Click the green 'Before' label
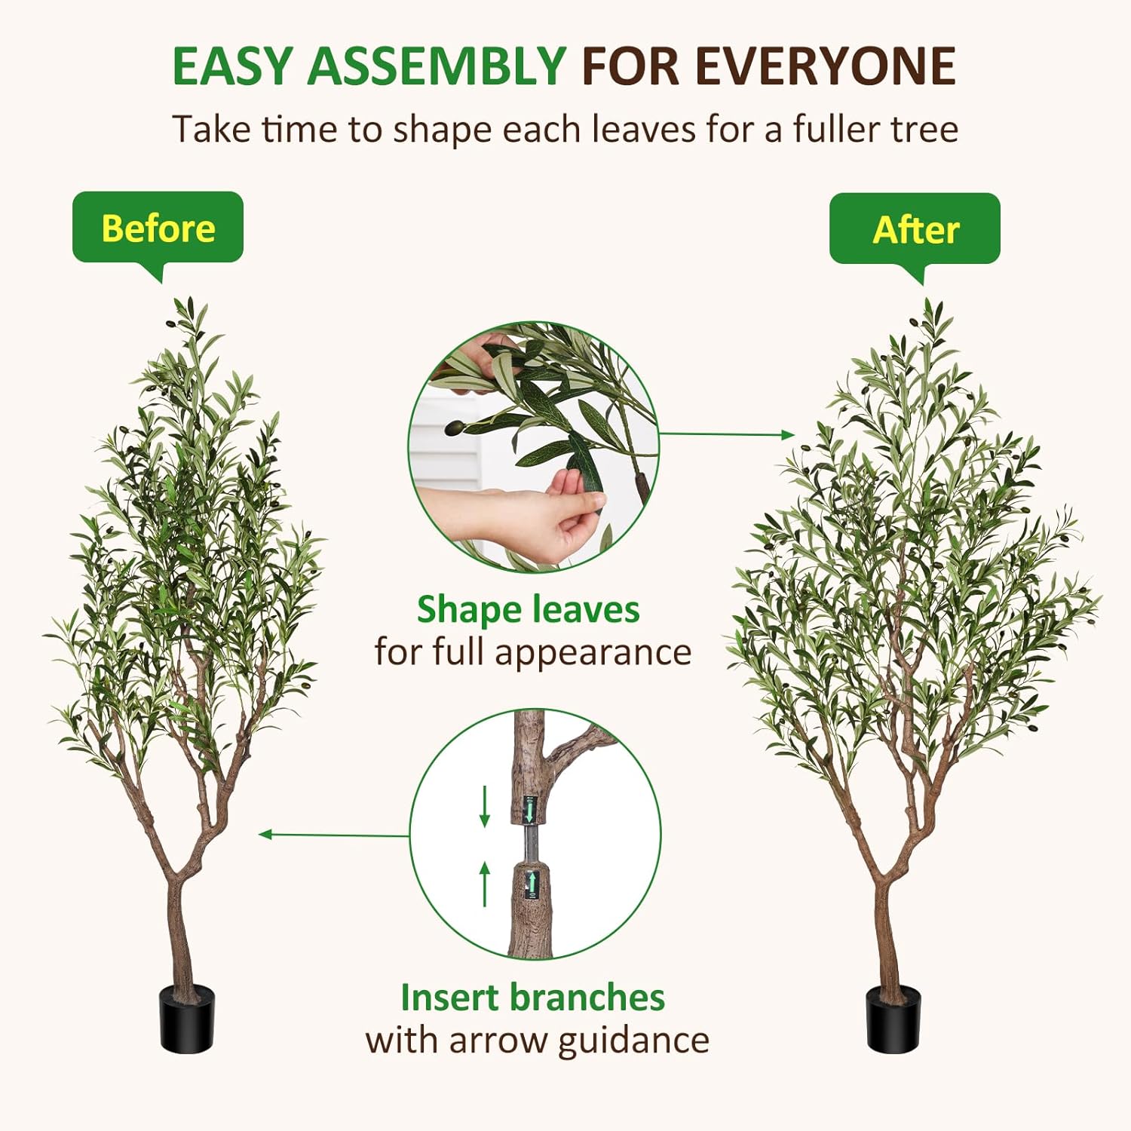pos(158,228)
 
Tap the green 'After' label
pos(915,229)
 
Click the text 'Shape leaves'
pos(528,609)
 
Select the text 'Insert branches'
pos(532,997)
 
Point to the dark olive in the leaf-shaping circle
pos(455,428)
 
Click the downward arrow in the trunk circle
pos(485,807)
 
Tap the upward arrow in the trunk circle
pos(485,884)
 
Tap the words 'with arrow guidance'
pos(537,1041)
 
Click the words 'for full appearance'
pos(532,652)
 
